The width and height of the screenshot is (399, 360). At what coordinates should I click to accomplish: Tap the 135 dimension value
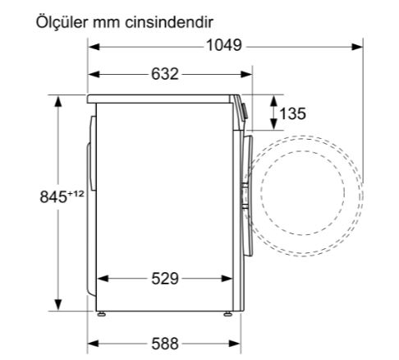tap(293, 113)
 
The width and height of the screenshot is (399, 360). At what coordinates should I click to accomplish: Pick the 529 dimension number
tap(164, 279)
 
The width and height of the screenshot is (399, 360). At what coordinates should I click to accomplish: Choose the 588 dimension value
tap(164, 343)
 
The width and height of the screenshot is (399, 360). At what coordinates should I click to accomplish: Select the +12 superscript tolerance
tap(77, 193)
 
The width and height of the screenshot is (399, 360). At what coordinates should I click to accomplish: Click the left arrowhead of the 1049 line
tap(93, 46)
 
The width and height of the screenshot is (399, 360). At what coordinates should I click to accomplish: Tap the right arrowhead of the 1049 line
tap(360, 46)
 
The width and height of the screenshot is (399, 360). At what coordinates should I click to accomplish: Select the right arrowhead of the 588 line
tap(235, 343)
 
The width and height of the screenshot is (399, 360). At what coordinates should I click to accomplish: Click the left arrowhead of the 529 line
tap(102, 279)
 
